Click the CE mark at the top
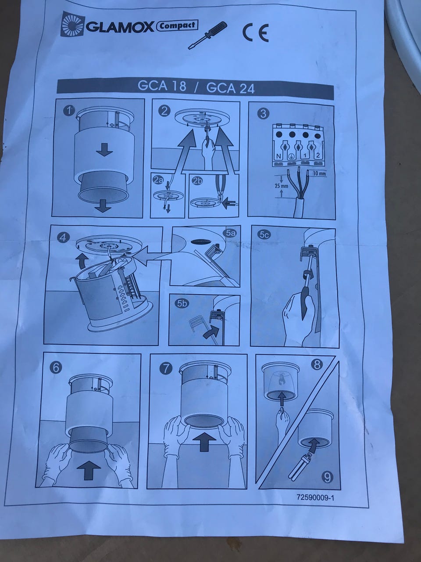tap(255, 33)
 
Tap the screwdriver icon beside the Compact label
tap(207, 35)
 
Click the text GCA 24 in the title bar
tap(230, 89)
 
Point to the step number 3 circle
tap(263, 113)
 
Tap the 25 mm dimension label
tap(281, 186)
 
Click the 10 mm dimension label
tap(319, 173)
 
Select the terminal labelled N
tap(279, 155)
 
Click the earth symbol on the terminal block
tap(291, 156)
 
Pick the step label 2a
tap(158, 180)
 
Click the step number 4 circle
tap(63, 238)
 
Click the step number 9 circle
tap(328, 477)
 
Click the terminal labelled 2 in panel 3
tap(318, 155)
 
